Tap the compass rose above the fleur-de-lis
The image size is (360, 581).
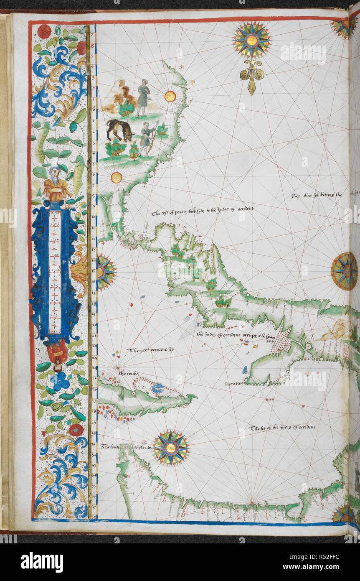[252, 40]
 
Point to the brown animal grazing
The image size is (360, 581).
[119, 130]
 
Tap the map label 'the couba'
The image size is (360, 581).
[128, 374]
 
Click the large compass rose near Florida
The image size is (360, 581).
[170, 448]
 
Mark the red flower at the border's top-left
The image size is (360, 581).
[44, 31]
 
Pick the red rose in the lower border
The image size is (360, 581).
[76, 429]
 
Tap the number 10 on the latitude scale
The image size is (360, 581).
[93, 207]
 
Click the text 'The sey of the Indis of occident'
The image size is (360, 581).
[282, 428]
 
